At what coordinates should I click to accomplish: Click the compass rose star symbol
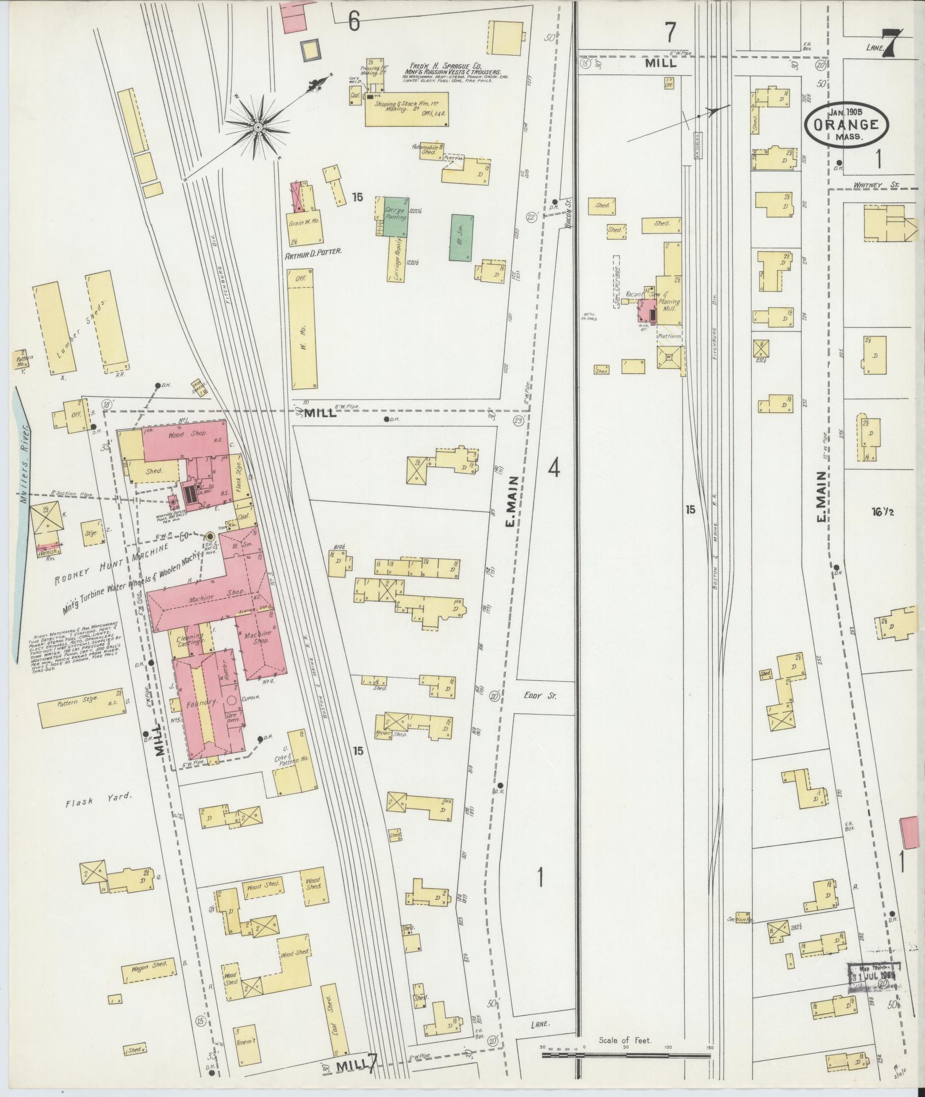(258, 126)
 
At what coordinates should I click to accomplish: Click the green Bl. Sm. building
(462, 234)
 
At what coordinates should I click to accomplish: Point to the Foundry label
(195, 702)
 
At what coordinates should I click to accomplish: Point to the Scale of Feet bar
(625, 1054)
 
